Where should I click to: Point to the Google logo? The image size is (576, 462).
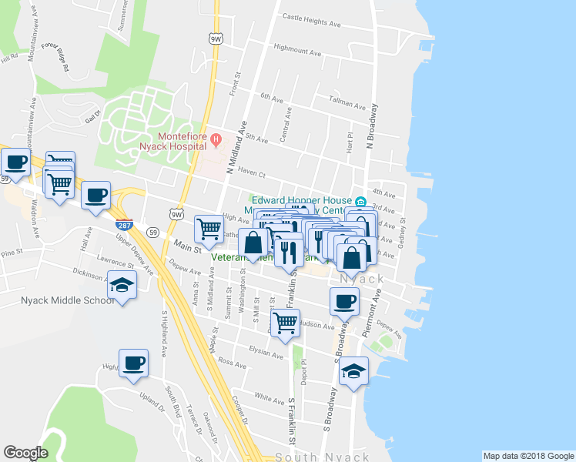[x=25, y=453]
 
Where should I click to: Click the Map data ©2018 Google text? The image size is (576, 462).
[x=527, y=456]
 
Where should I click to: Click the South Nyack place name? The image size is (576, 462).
[x=322, y=457]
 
